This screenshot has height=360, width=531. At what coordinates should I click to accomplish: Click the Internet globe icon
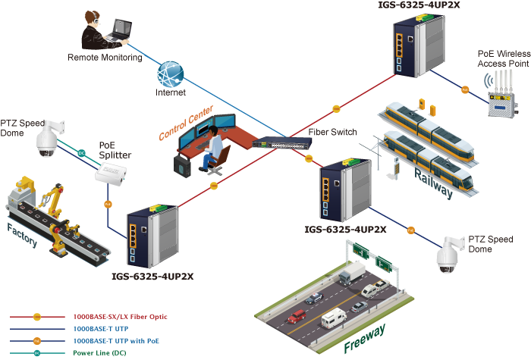pos(171,75)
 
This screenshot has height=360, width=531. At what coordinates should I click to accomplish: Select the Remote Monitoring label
pos(105,57)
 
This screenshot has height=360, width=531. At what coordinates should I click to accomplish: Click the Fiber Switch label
pos(332,133)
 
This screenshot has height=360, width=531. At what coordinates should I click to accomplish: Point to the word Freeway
pos(365,340)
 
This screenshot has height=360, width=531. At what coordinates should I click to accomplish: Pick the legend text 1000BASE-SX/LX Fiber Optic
pos(120,316)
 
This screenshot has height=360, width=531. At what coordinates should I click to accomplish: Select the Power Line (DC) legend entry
pos(100,352)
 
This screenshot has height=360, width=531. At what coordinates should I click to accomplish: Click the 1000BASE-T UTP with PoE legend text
pos(115,340)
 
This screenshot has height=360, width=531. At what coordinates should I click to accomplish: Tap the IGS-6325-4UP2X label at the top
pos(419,5)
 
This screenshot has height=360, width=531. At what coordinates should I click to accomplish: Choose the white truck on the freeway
pos(352,274)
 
